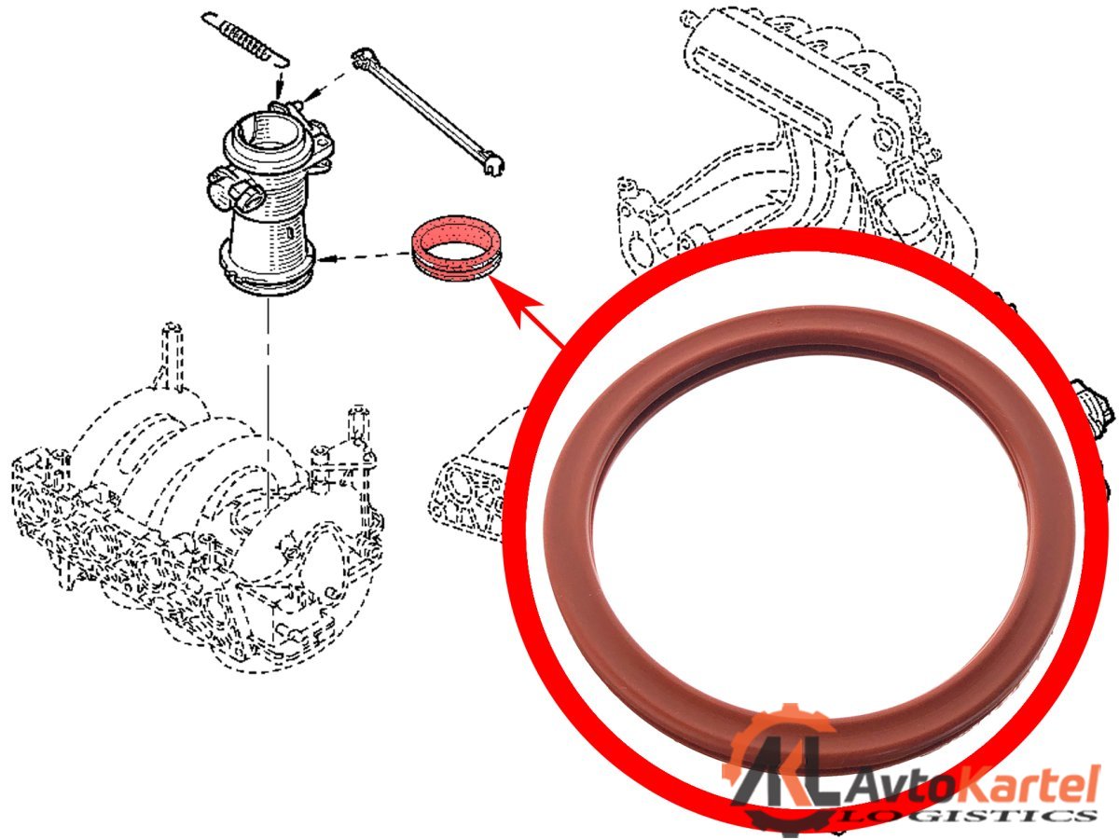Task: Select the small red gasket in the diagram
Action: pyautogui.click(x=457, y=247)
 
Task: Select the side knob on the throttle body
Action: pyautogui.click(x=233, y=191)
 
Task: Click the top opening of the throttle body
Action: pyautogui.click(x=266, y=131)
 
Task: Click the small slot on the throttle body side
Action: pyautogui.click(x=290, y=233)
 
